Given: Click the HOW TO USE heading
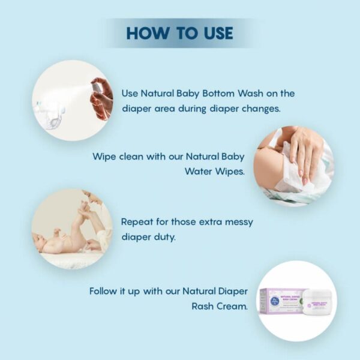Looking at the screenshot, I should pyautogui.click(x=179, y=32).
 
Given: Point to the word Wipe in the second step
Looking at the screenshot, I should pyautogui.click(x=104, y=157).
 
